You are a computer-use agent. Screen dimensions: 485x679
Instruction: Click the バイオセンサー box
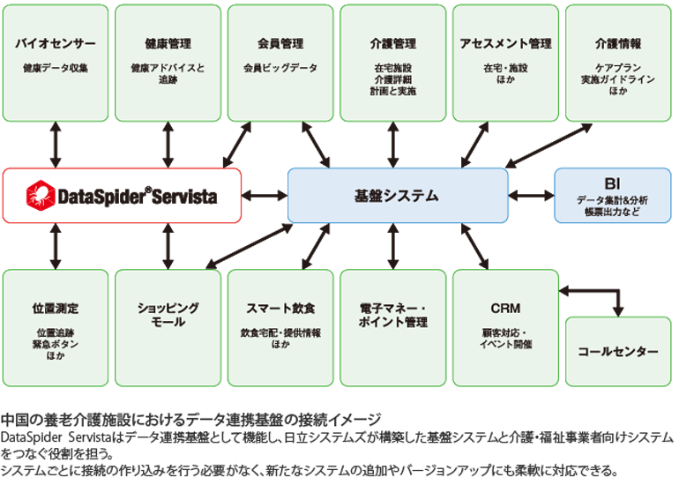pyautogui.click(x=56, y=62)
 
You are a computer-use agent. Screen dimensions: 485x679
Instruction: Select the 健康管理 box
pyautogui.click(x=168, y=62)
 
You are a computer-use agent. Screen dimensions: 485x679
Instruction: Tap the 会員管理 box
pyautogui.click(x=280, y=62)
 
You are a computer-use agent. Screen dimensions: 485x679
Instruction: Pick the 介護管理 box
pyautogui.click(x=393, y=62)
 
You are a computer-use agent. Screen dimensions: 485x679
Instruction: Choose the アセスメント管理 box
pyautogui.click(x=505, y=62)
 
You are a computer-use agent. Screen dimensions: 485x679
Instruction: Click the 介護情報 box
pyautogui.click(x=617, y=62)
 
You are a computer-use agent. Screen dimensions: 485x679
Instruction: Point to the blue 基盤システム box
pyautogui.click(x=398, y=196)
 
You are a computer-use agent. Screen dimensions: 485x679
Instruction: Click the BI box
pyautogui.click(x=612, y=195)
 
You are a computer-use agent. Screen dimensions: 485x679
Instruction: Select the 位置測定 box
pyautogui.click(x=56, y=327)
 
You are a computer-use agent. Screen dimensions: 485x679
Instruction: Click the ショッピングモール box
pyautogui.click(x=168, y=327)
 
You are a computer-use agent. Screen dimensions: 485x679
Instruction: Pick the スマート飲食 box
pyautogui.click(x=280, y=327)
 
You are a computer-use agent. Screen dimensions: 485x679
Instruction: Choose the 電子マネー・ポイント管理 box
pyautogui.click(x=393, y=327)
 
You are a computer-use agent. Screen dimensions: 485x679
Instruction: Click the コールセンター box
pyautogui.click(x=617, y=351)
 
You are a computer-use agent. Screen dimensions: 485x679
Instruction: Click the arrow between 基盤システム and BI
pyautogui.click(x=531, y=196)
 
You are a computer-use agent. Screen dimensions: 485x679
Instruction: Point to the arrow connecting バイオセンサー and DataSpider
pyautogui.click(x=56, y=144)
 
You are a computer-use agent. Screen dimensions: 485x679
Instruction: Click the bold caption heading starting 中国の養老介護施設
pyautogui.click(x=191, y=419)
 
